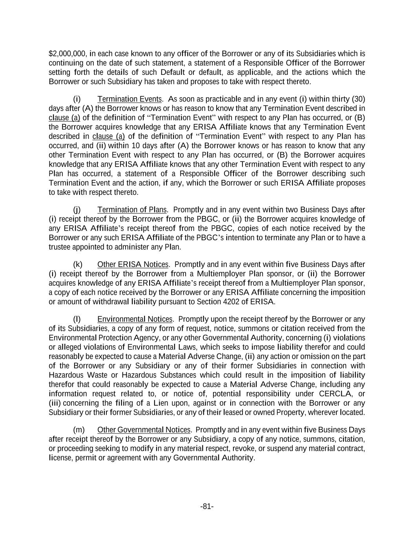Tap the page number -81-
pyautogui.click(x=207, y=507)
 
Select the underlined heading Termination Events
pyautogui.click(x=129, y=99)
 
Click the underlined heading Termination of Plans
pyautogui.click(x=132, y=210)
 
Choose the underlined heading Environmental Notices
pyautogui.click(x=135, y=319)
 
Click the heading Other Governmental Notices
pyautogui.click(x=144, y=430)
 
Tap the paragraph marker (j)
pyautogui.click(x=77, y=210)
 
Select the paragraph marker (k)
pyautogui.click(x=77, y=265)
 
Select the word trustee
pyautogui.click(x=60, y=247)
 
